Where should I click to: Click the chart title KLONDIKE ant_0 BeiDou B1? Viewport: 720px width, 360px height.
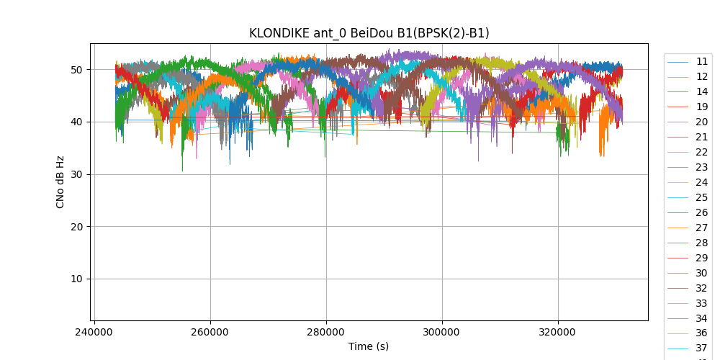click(x=369, y=33)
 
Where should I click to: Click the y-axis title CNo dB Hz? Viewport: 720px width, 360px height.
click(x=60, y=182)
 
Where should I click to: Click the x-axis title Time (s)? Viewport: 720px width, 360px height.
click(x=369, y=346)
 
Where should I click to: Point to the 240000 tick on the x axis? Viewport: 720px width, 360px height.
click(x=94, y=333)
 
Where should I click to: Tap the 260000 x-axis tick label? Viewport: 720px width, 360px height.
click(x=210, y=333)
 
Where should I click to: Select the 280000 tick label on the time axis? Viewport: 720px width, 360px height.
click(x=326, y=333)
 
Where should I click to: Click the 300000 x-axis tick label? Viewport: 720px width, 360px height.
click(x=442, y=333)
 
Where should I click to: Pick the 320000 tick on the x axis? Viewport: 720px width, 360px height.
click(x=558, y=333)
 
